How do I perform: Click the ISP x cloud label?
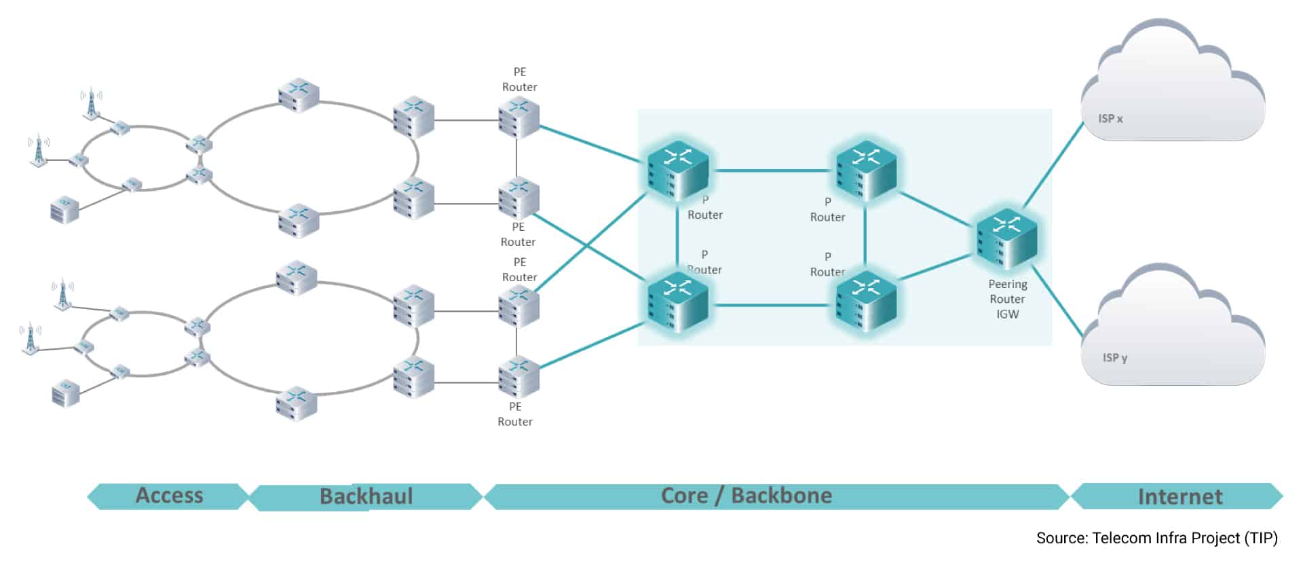point(1110,119)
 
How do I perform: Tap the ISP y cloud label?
point(1114,358)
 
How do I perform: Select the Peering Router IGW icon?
point(1007,240)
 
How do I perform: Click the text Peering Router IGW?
point(1007,299)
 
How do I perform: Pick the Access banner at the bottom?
point(169,496)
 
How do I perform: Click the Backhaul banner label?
point(366,496)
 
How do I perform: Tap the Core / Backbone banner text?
point(746,496)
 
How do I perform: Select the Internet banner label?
point(1179,496)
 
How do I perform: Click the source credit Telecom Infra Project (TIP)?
point(1156,538)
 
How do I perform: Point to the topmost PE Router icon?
point(518,117)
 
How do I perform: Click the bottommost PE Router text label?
point(515,414)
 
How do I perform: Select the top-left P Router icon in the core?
point(677,170)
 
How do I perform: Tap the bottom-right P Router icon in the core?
point(865,302)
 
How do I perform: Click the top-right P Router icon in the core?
point(865,170)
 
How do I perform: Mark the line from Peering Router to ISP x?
point(1053,165)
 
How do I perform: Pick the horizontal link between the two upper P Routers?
point(772,170)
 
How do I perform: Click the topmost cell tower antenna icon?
point(91,104)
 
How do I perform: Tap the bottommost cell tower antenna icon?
point(30,338)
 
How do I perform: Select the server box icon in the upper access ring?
point(65,209)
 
